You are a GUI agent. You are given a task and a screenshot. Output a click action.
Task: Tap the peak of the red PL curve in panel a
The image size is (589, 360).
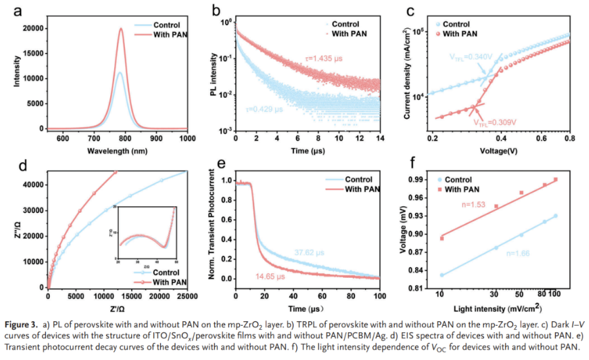pyautogui.click(x=121, y=28)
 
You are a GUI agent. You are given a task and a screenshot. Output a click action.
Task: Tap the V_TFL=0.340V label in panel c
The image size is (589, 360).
pyautogui.click(x=472, y=57)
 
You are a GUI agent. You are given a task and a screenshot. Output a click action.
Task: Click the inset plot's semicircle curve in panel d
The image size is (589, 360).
pyautogui.click(x=141, y=236)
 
